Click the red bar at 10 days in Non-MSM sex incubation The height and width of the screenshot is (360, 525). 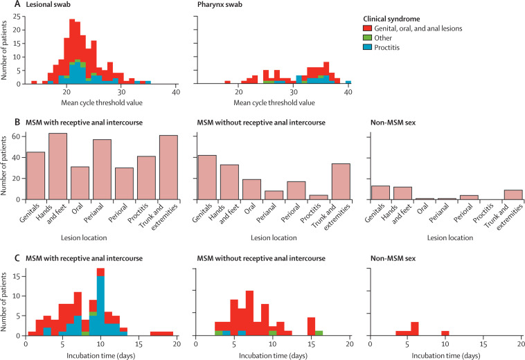[x=445, y=333]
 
